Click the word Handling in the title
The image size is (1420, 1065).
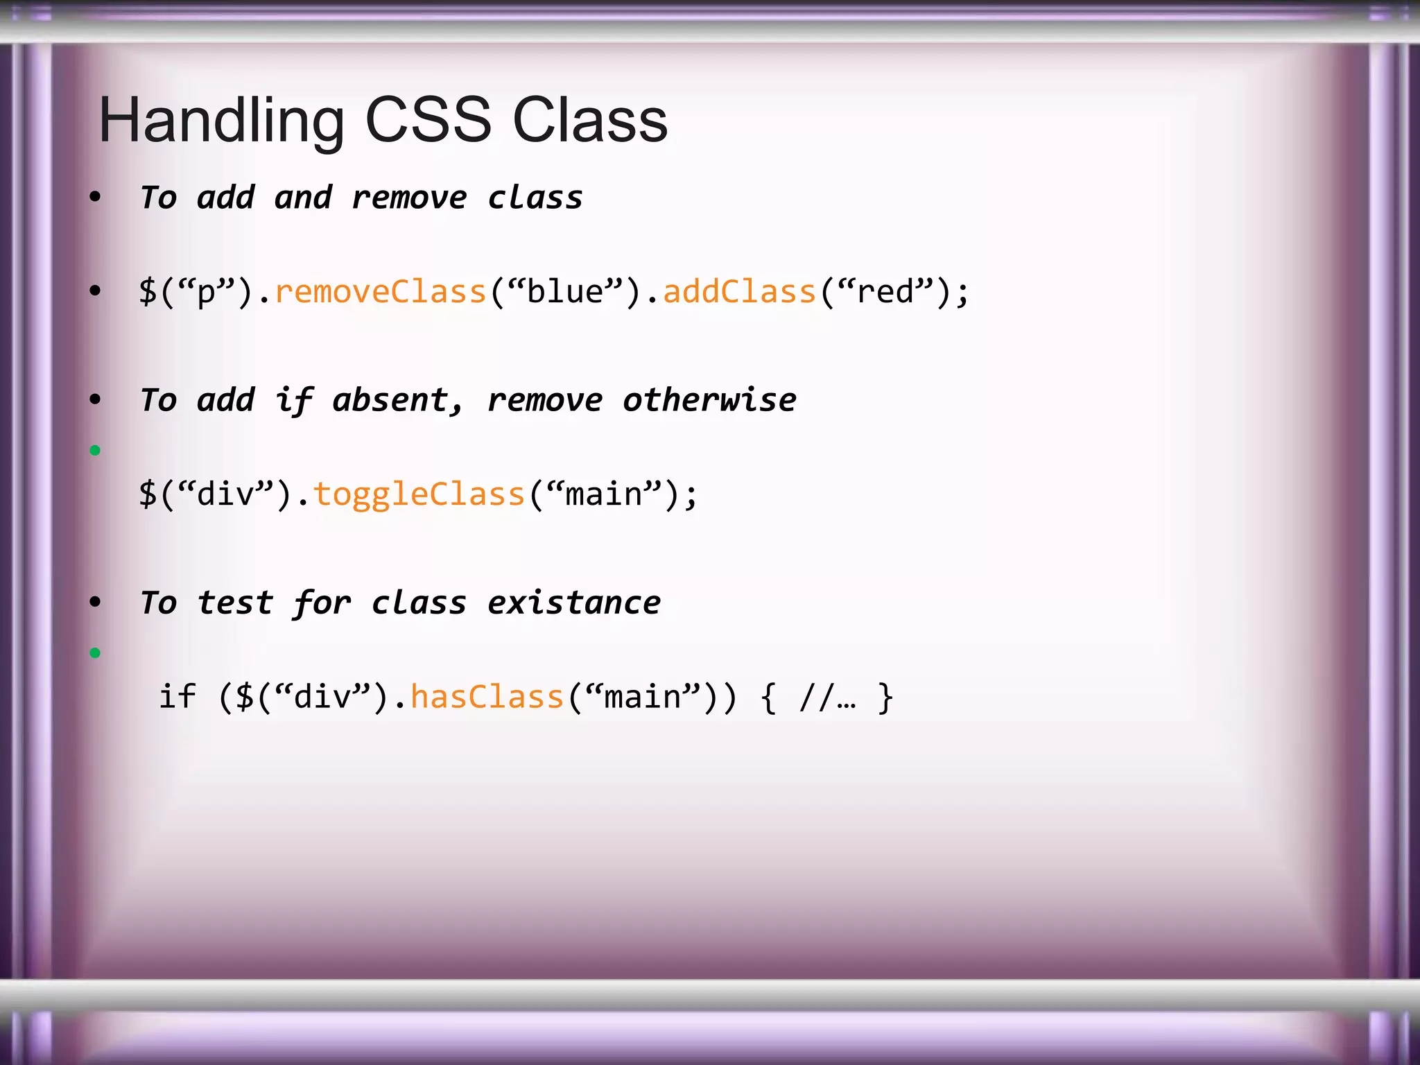point(221,121)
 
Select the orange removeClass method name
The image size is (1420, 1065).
point(380,291)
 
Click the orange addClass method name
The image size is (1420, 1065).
point(739,291)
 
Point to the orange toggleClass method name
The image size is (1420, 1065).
point(419,494)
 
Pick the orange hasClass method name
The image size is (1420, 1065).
point(487,697)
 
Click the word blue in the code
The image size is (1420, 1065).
point(565,291)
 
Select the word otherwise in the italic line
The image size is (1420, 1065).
point(709,400)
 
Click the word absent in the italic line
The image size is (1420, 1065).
point(390,400)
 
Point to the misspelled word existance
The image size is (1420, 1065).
point(573,603)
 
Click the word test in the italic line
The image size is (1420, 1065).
point(236,603)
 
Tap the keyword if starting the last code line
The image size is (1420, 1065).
point(177,697)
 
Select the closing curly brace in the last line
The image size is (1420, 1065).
point(885,697)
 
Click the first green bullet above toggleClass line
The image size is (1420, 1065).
point(95,451)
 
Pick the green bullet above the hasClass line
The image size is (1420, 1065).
point(95,653)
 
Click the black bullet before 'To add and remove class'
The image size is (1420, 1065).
point(95,197)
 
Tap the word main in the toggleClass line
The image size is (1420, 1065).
point(604,494)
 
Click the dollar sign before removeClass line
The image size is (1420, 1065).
point(148,291)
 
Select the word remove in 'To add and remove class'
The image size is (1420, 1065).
point(409,198)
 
